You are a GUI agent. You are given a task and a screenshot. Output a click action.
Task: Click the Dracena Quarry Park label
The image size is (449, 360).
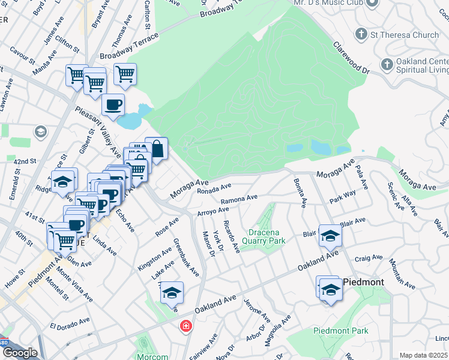pos(263,236)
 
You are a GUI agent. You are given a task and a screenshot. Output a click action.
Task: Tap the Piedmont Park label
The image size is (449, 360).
pos(340,331)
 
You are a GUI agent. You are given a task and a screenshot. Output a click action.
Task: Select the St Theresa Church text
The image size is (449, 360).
pos(405,35)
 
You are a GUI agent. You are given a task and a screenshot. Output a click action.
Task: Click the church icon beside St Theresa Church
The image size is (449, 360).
pos(361,34)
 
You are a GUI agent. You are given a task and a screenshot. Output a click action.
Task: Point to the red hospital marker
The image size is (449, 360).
pos(186,326)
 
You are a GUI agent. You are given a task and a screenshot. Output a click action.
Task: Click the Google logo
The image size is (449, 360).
pos(19,353)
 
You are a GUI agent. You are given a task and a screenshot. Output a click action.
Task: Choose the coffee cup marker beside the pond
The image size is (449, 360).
pos(113,106)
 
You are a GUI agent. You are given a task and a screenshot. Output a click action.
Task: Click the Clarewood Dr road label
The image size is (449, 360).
pos(351,54)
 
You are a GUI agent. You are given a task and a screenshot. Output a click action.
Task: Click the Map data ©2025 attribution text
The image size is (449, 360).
pos(423,355)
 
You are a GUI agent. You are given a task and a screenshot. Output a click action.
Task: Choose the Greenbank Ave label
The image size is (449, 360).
pos(186,258)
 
